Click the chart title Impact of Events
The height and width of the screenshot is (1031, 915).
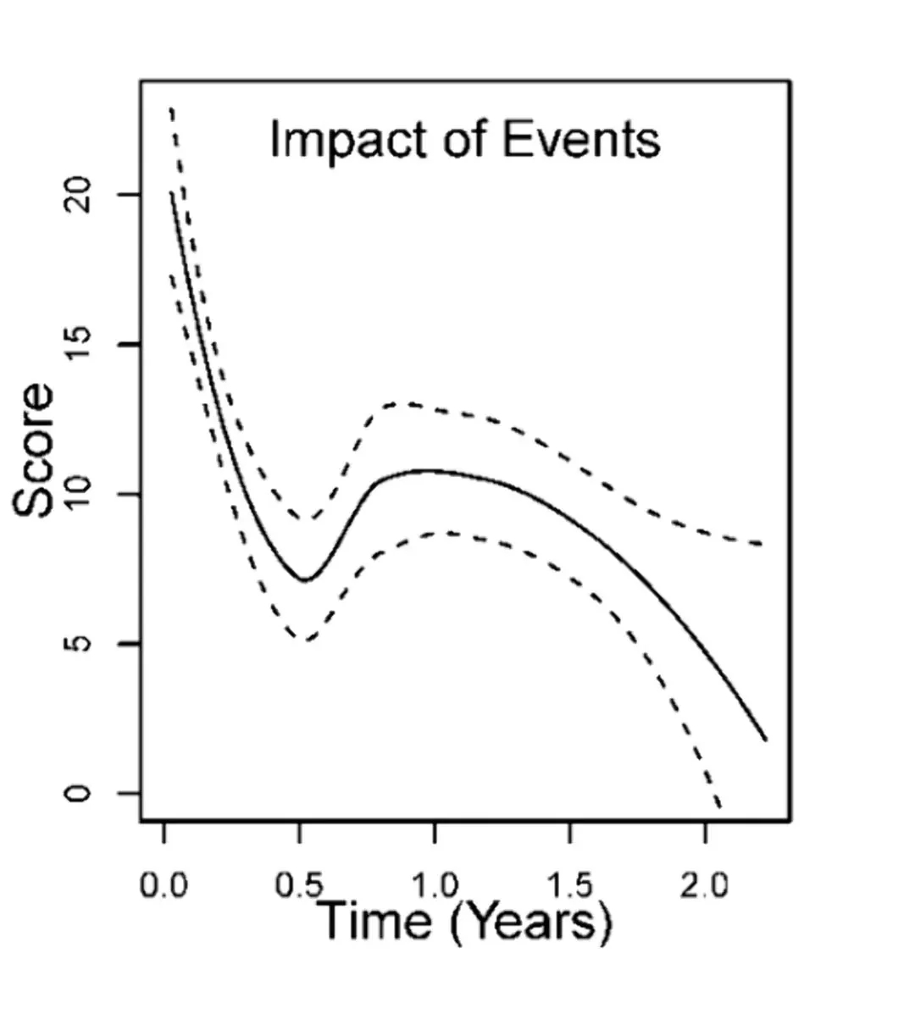pos(464,140)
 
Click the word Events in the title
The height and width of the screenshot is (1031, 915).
pos(580,140)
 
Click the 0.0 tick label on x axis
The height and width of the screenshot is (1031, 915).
pos(164,887)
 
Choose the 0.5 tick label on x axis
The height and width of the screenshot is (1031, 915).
pos(299,887)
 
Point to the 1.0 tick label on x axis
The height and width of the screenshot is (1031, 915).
pos(435,887)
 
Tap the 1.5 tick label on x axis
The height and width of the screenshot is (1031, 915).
pos(569,887)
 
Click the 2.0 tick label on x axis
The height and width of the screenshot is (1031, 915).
pos(705,887)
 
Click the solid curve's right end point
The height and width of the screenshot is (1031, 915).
pos(766,740)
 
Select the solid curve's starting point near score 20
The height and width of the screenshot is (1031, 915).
pos(172,193)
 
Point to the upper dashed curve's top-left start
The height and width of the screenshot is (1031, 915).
pos(172,108)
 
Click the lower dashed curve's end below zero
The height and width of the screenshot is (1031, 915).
pos(720,808)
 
